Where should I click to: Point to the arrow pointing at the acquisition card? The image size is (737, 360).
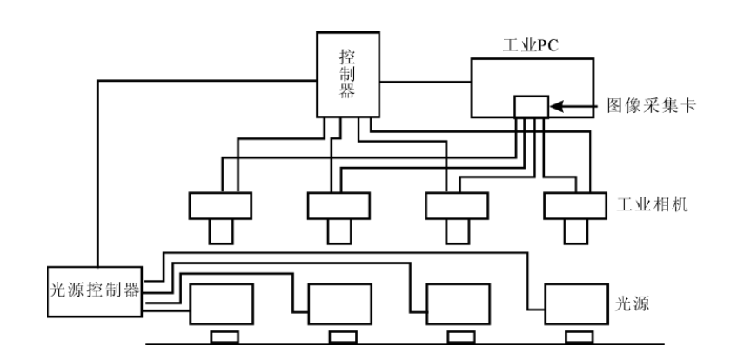tap(575, 106)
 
